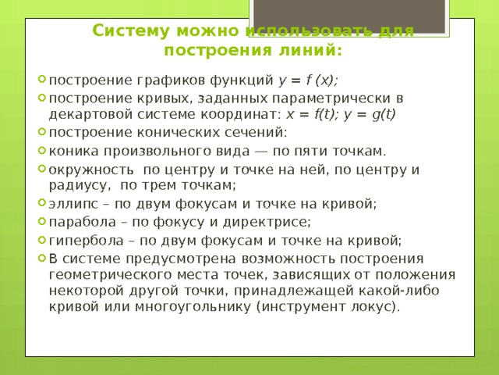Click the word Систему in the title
128,31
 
